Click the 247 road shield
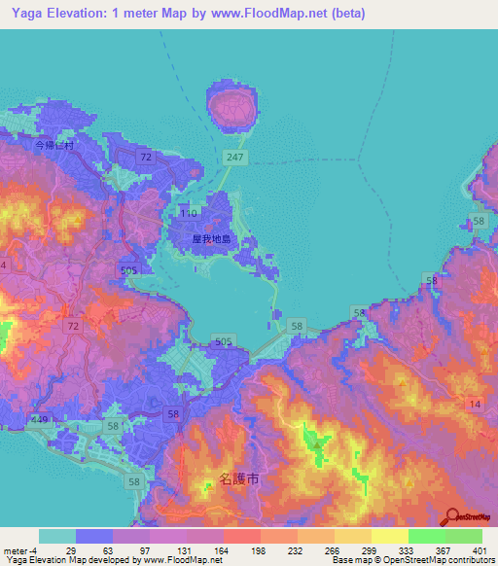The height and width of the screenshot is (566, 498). (x=234, y=157)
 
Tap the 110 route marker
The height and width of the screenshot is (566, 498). (x=189, y=212)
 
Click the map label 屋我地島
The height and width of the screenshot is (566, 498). (x=210, y=237)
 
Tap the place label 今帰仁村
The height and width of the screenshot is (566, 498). (x=54, y=145)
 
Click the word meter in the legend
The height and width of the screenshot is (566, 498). (x=14, y=550)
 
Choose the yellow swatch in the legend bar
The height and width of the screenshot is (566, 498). (x=389, y=536)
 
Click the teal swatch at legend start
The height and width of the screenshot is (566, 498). (x=57, y=536)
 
